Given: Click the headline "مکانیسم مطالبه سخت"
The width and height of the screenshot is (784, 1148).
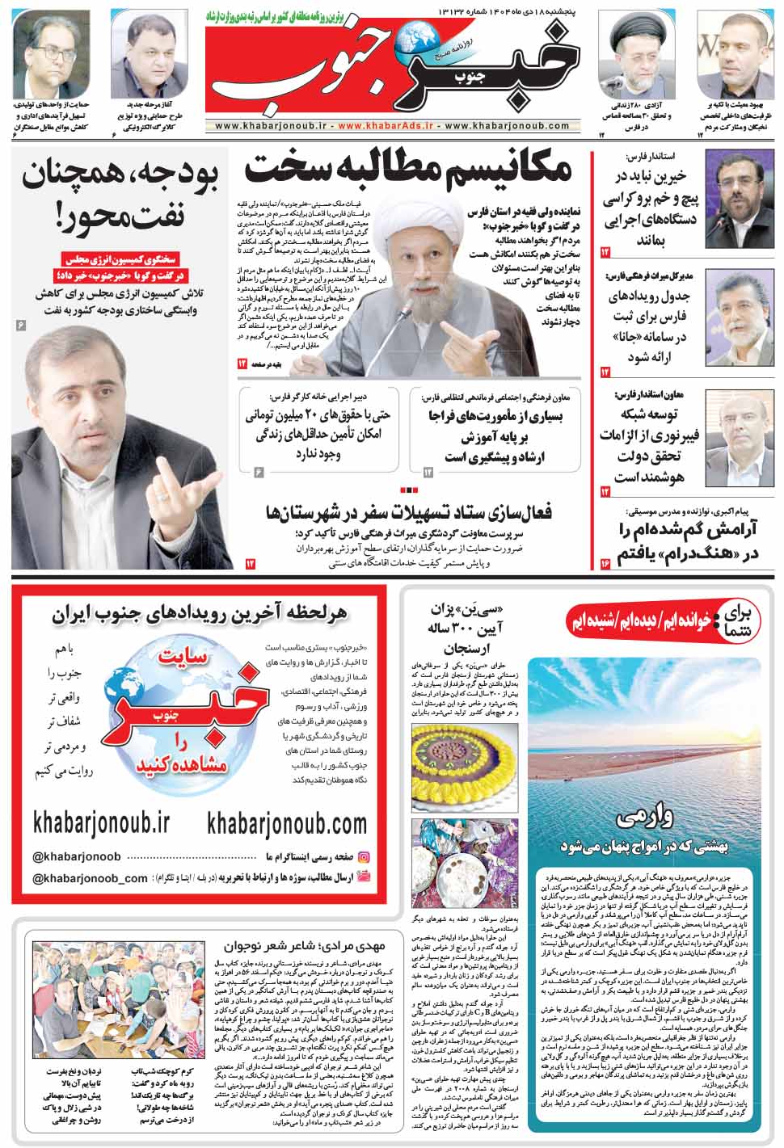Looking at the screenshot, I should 408,169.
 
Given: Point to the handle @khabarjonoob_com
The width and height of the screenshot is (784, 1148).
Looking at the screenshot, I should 91,878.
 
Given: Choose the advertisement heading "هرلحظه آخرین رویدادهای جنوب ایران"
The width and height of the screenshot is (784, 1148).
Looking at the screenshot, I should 200,613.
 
